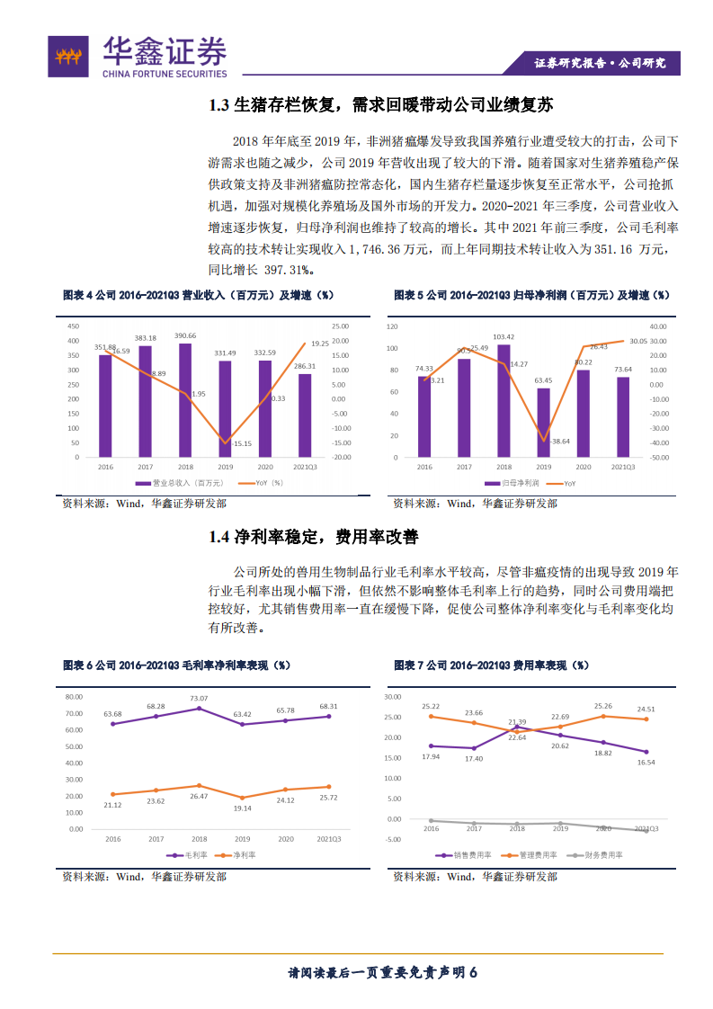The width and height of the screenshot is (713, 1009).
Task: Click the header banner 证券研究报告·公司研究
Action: point(601,63)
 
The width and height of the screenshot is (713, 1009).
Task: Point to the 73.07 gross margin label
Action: point(198,698)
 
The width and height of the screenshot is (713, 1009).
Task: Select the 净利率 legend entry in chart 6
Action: point(237,854)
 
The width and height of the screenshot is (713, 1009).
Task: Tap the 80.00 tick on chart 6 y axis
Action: point(74,697)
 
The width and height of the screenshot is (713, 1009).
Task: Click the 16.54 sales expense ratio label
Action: point(646,762)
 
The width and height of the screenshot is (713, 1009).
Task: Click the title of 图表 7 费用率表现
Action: point(491,665)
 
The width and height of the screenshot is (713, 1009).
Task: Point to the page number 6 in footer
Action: point(472,972)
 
